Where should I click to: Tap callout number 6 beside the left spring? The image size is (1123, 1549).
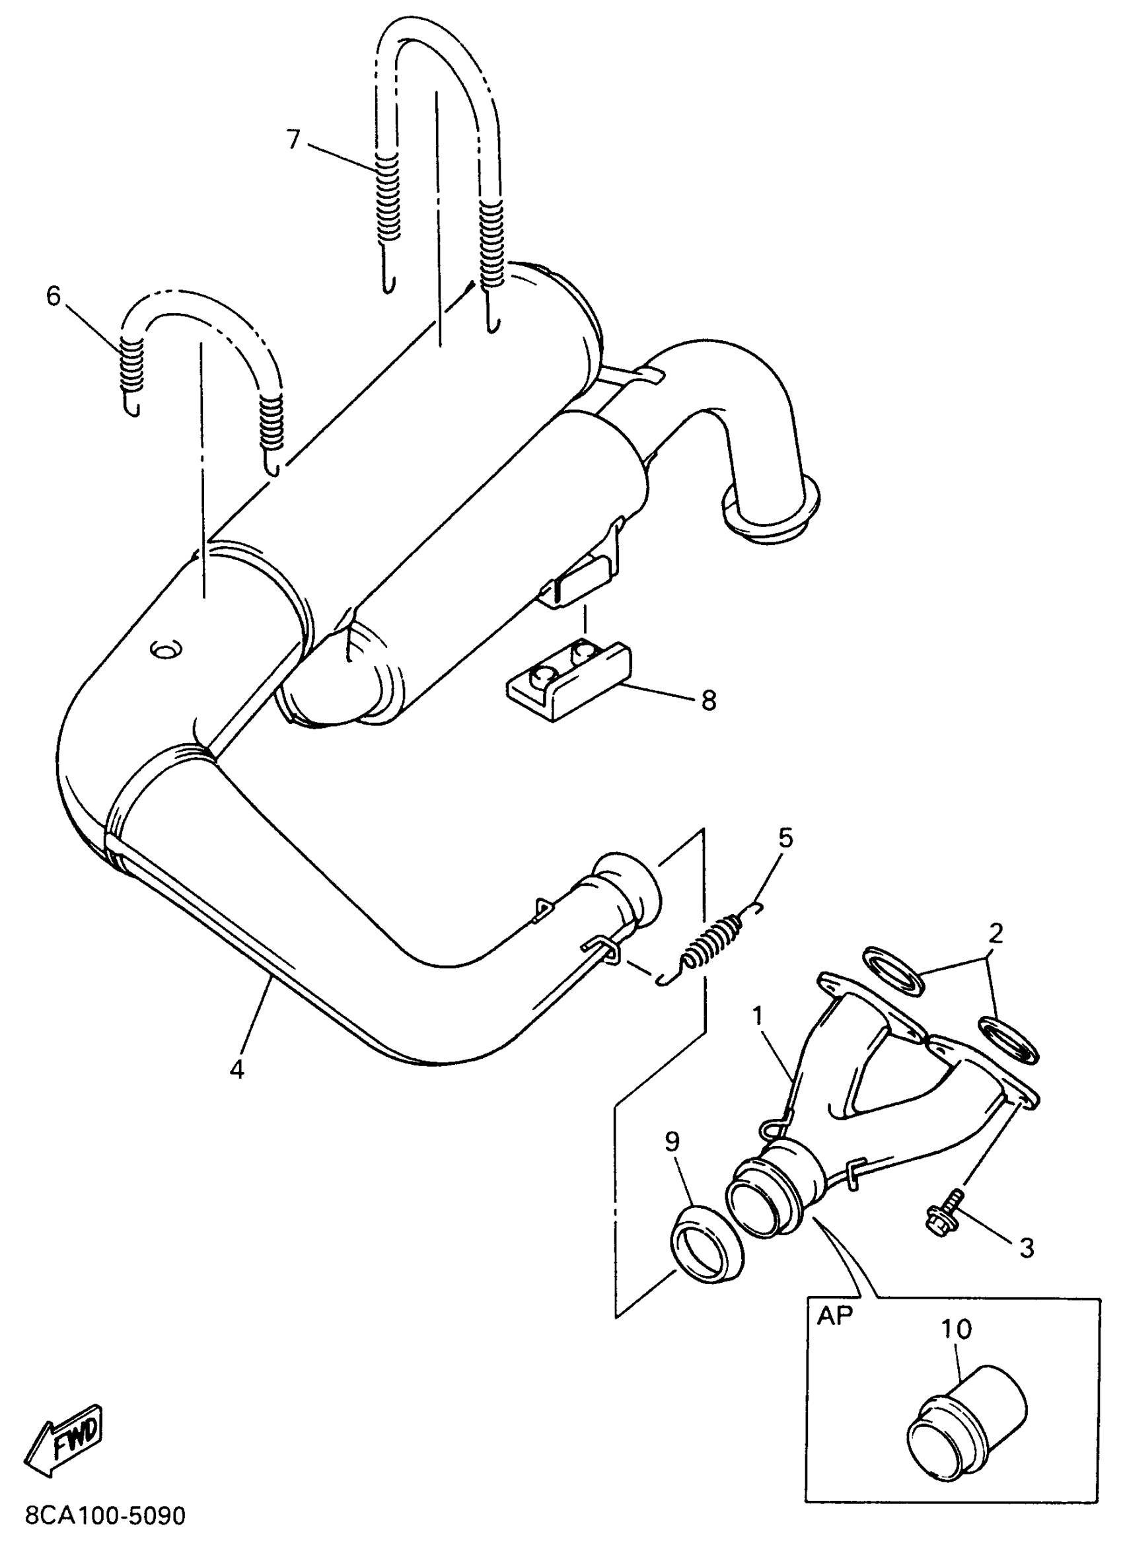54,296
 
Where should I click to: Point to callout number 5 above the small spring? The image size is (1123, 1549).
785,838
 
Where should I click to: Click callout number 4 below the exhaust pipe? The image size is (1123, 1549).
236,1069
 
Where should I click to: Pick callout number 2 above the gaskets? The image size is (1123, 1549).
996,933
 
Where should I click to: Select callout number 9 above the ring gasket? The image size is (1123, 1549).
672,1141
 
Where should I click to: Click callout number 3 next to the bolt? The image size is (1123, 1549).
1027,1248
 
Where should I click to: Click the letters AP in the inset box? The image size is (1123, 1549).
835,1316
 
